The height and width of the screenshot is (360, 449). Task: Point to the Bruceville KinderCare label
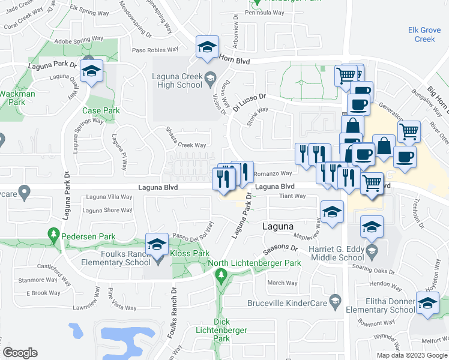click(294, 303)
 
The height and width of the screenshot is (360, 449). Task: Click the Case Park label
click(101, 110)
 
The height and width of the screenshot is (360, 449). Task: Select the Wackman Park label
click(17, 98)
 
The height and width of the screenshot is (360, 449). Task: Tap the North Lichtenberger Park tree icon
click(221, 275)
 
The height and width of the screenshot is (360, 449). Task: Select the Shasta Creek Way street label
click(186, 145)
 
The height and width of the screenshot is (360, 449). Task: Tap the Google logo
click(20, 353)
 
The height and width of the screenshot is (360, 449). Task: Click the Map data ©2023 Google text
click(412, 355)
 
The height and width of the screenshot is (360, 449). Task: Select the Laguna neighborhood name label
click(279, 227)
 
